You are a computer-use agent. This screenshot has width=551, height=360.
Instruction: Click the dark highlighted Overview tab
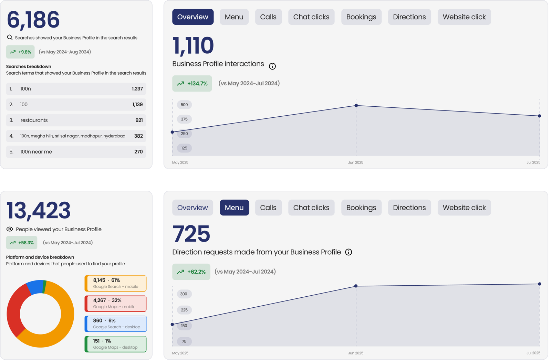193,17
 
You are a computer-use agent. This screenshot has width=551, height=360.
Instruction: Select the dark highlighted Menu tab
234,208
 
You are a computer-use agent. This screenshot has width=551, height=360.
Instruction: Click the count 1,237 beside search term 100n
137,89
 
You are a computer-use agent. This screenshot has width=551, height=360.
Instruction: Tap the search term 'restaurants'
34,120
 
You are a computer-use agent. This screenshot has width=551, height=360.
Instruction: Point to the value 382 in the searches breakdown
138,136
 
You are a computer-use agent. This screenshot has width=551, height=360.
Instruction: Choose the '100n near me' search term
36,152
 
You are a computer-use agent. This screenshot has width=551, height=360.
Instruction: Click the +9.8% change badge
20,52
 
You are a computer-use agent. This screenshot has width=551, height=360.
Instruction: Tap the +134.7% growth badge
192,84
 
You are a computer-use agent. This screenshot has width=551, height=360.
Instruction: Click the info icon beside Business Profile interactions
272,66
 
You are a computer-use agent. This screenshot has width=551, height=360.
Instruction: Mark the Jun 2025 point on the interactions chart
356,106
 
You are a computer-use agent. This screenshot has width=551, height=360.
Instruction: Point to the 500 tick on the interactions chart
184,105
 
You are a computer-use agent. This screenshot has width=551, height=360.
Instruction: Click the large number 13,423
38,211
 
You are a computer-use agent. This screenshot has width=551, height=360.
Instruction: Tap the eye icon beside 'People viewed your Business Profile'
10,229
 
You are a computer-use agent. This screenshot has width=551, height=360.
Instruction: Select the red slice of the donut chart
15,307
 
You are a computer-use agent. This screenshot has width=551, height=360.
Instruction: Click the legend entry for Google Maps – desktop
116,344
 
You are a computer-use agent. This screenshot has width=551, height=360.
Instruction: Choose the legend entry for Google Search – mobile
116,283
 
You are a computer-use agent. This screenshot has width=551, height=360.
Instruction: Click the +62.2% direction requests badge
191,272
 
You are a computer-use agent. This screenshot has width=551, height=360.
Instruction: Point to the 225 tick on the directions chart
184,310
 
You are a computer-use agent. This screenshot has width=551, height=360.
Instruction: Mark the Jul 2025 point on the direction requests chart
539,284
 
